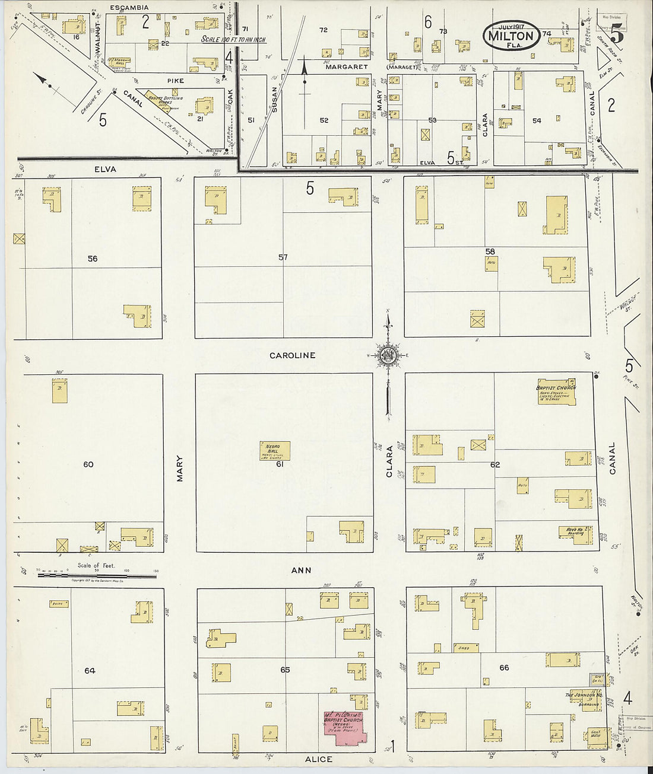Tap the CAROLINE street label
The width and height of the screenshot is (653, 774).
292,355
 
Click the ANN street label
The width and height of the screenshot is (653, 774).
301,570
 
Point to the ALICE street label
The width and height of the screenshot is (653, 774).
318,759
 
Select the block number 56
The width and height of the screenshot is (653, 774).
92,259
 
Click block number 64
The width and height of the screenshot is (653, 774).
90,671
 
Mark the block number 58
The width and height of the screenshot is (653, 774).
490,251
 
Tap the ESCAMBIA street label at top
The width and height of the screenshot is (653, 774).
129,8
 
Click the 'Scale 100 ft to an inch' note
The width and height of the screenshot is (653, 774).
233,40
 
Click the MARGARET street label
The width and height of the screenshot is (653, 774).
347,67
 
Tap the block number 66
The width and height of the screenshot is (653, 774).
504,668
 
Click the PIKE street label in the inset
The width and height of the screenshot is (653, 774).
175,81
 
